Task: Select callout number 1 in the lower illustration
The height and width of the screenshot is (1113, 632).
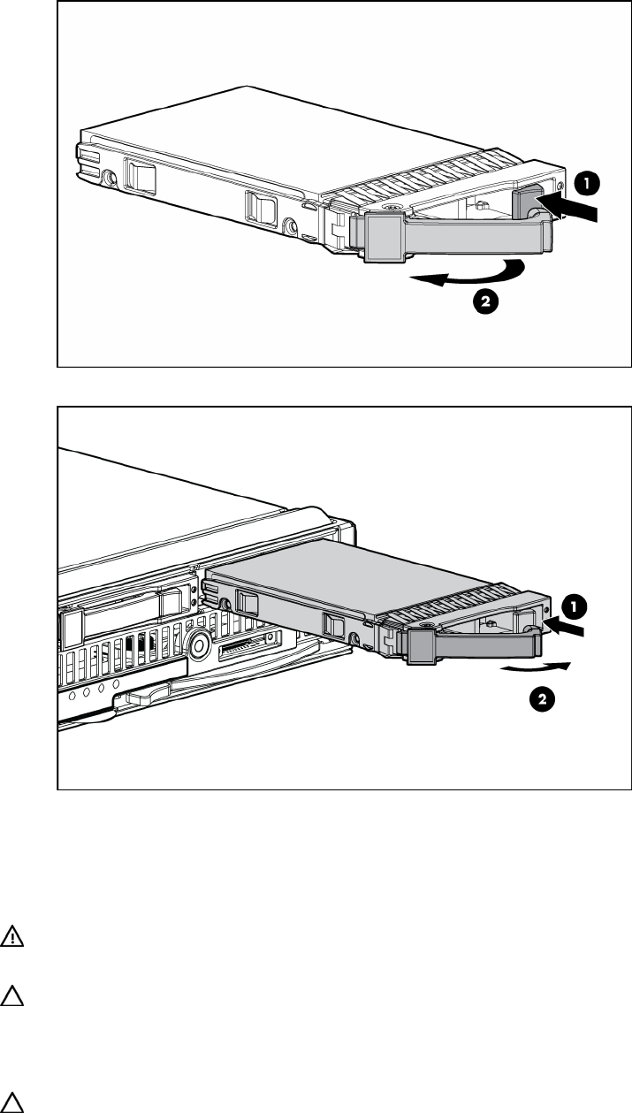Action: [574, 606]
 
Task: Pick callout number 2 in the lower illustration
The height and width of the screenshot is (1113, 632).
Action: [542, 699]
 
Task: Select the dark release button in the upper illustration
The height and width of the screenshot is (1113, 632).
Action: [527, 200]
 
